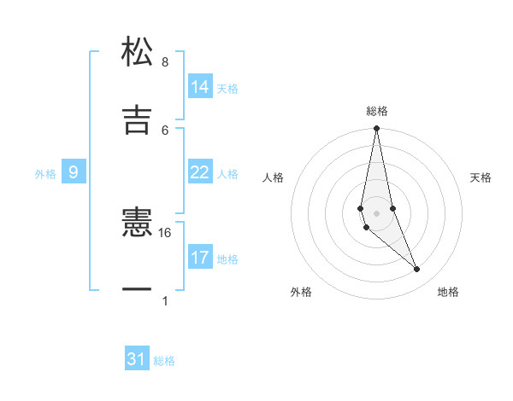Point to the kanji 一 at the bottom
click(137, 290)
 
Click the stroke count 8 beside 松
click(165, 62)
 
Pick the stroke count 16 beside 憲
click(165, 232)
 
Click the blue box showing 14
click(200, 87)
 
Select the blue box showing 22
click(200, 172)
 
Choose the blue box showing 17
click(200, 258)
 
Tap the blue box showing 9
click(74, 172)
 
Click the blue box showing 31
click(137, 359)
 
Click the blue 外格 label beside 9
click(45, 174)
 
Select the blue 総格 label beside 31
click(164, 361)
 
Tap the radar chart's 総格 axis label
click(377, 111)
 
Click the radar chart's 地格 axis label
click(448, 292)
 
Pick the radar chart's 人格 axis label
click(274, 177)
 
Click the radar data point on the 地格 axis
click(417, 269)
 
